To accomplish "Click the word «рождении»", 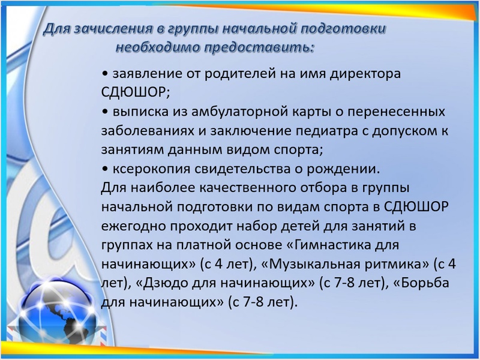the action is click(x=343, y=169).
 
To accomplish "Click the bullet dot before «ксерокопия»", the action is click(x=105, y=170).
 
